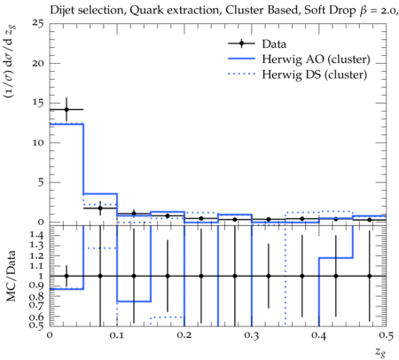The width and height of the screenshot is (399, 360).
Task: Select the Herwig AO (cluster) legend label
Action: click(316, 59)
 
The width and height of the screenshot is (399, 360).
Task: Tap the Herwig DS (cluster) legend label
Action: click(315, 74)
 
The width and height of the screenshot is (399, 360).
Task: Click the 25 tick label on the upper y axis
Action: click(37, 23)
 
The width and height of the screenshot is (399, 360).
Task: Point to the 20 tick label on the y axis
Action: click(38, 63)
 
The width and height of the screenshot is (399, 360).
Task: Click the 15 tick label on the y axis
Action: click(38, 103)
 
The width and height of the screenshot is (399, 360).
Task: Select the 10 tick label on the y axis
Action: click(38, 143)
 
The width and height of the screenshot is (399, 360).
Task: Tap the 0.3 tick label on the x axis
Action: click(252, 335)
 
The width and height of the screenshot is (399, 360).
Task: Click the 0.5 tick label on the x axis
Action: click(387, 335)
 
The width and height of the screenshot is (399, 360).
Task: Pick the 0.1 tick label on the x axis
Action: click(117, 335)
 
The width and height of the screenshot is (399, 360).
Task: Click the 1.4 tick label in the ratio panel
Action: click(36, 235)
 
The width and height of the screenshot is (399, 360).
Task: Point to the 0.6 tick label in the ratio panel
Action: click(36, 317)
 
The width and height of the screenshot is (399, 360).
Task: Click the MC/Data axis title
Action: click(12, 276)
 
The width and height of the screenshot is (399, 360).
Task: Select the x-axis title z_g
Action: click(380, 352)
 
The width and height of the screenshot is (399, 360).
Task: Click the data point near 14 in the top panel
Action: click(66, 110)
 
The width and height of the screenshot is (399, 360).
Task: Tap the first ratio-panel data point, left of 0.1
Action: click(66, 276)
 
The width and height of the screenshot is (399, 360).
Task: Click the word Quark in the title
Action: click(144, 11)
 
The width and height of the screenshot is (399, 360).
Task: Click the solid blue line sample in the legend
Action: click(241, 59)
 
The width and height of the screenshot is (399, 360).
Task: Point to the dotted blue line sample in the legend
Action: click(241, 74)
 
